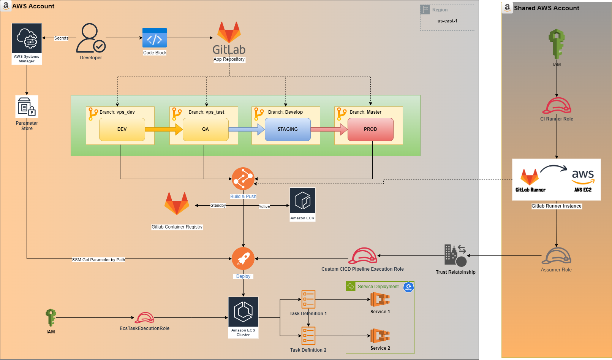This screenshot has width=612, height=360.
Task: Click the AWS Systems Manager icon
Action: pyautogui.click(x=27, y=38)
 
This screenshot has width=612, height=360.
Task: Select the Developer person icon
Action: pyautogui.click(x=91, y=38)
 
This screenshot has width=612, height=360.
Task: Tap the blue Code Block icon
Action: pyautogui.click(x=155, y=38)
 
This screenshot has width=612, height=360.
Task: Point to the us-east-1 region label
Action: pyautogui.click(x=448, y=21)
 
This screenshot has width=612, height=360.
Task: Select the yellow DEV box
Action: pyautogui.click(x=122, y=129)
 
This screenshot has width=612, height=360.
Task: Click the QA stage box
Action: pyautogui.click(x=206, y=129)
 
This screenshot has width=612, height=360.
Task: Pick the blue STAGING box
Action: pyautogui.click(x=288, y=129)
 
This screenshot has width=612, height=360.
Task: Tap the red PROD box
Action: pyautogui.click(x=370, y=129)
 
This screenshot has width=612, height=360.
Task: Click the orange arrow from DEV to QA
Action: pyautogui.click(x=164, y=129)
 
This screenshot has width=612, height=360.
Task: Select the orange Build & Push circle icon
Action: pyautogui.click(x=243, y=179)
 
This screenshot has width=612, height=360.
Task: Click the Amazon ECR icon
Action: pyautogui.click(x=302, y=200)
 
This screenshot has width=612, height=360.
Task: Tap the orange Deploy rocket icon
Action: pyautogui.click(x=243, y=259)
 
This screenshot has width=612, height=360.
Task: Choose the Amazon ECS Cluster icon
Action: pyautogui.click(x=243, y=312)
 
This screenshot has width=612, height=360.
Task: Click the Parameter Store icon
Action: pyautogui.click(x=27, y=107)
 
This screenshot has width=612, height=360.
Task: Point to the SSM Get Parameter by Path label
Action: pyautogui.click(x=98, y=260)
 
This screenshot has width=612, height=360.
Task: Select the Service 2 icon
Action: pyautogui.click(x=380, y=336)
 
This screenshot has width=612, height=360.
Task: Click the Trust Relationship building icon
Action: pyautogui.click(x=455, y=255)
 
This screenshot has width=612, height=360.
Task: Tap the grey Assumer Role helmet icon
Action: pyautogui.click(x=556, y=256)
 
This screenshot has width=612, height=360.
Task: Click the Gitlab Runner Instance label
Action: pyautogui.click(x=556, y=206)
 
